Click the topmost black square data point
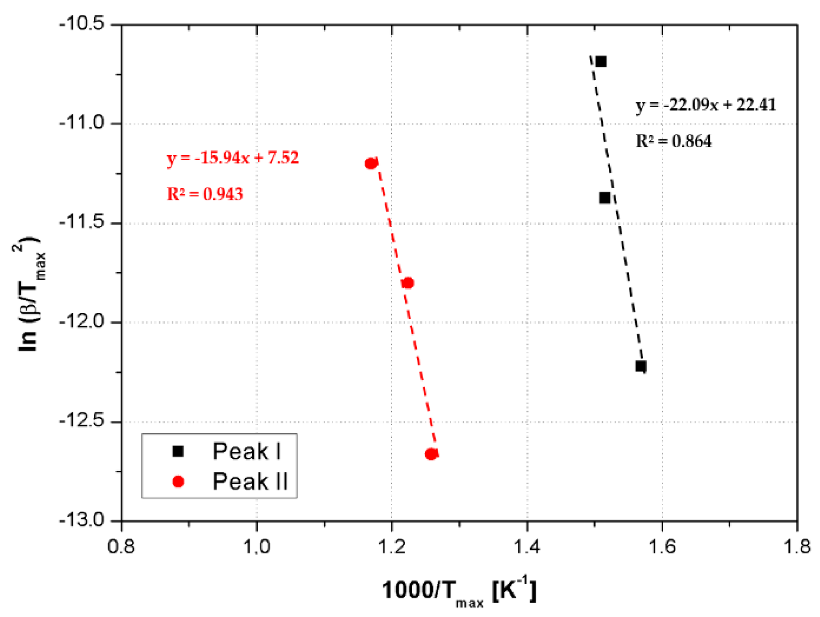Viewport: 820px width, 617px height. point(601,62)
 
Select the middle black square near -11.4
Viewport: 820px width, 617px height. point(605,198)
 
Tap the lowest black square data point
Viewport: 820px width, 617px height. point(641,366)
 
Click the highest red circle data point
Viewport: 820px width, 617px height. point(371,163)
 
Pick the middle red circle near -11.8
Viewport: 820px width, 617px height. point(408,283)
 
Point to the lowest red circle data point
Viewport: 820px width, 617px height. point(431,454)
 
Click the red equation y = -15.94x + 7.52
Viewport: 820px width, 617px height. point(233,158)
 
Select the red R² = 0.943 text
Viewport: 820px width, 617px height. point(205,194)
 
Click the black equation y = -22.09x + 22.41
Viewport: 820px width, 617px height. point(706,105)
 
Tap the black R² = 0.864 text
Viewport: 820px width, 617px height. point(674,141)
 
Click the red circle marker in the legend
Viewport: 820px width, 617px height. point(178,482)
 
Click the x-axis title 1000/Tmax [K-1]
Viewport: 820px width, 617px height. point(459,591)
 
